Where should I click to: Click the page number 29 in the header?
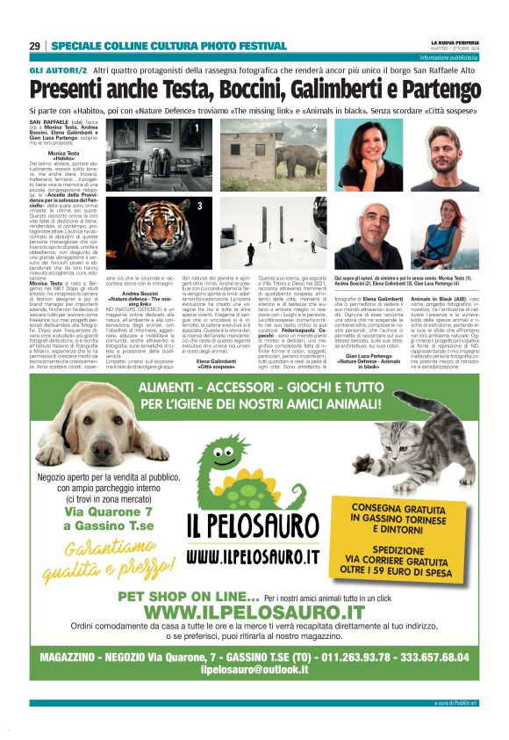click(x=35, y=46)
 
